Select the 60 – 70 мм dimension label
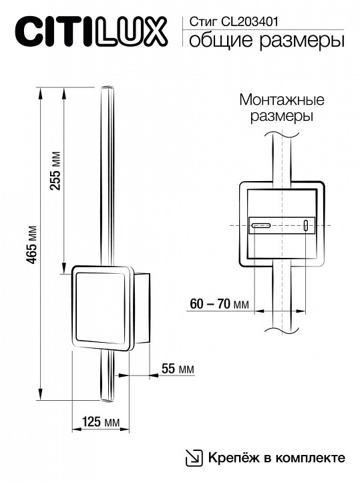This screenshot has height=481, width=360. click(219, 305)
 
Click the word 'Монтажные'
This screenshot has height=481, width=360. click(281, 101)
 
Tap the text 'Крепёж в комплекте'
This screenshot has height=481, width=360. click(275, 458)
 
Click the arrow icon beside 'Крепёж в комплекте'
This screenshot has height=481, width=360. click(193, 458)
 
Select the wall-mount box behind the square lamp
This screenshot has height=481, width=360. click(144, 307)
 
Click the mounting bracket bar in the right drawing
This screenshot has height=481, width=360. click(281, 225)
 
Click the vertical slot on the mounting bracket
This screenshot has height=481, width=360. click(307, 225)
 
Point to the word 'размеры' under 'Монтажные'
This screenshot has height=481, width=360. click(281, 116)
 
